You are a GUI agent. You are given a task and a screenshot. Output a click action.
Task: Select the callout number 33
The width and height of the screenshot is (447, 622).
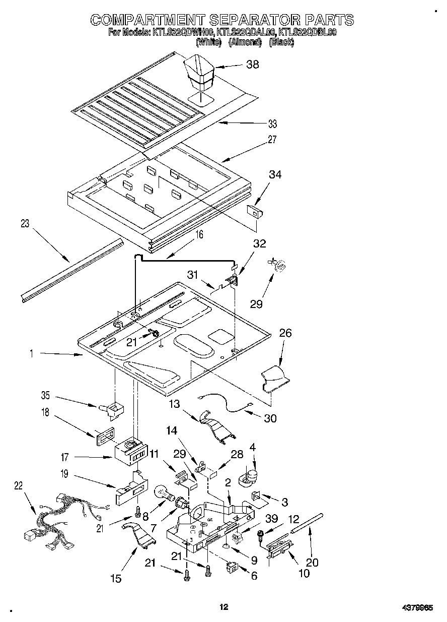click(x=272, y=124)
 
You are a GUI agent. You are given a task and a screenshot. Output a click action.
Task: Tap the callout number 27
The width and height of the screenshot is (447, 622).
click(x=272, y=141)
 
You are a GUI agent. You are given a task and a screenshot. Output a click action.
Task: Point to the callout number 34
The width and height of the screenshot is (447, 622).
click(x=275, y=175)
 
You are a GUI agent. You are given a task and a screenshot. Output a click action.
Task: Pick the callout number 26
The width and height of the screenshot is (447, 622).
click(x=285, y=334)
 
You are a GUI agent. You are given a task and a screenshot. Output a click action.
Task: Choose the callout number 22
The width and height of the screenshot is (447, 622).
click(x=19, y=485)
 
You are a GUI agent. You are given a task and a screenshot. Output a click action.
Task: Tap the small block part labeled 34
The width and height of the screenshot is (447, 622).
click(x=255, y=211)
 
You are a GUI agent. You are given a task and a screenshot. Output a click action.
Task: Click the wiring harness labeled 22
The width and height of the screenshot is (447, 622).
click(x=60, y=519)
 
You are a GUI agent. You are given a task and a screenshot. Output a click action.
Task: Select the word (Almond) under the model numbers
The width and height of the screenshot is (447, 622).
click(x=245, y=43)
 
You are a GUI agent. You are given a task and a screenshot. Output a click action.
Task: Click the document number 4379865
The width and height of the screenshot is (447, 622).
click(x=416, y=608)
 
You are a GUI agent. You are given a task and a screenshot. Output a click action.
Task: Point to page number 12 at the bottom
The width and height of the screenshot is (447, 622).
click(x=224, y=607)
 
